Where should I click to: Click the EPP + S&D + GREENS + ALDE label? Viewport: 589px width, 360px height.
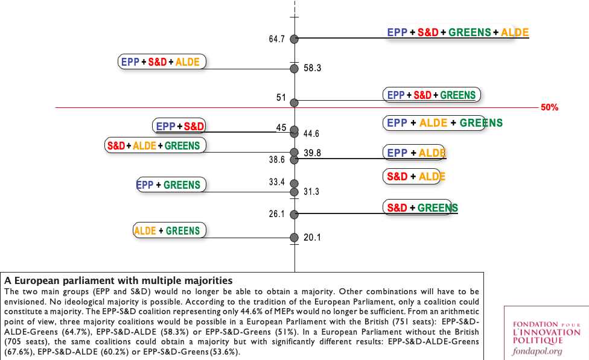(457, 32)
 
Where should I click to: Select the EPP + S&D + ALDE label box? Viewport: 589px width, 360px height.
(162, 62)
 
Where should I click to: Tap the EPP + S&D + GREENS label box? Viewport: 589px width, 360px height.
(431, 95)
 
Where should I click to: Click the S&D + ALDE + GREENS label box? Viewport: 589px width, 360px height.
(155, 145)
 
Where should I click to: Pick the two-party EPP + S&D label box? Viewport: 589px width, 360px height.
(180, 126)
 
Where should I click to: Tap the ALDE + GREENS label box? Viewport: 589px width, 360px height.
(169, 230)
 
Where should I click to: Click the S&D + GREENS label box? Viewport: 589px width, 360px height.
(418, 208)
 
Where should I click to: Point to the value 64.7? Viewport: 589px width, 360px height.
(277, 39)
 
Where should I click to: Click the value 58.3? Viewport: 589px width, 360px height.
(312, 69)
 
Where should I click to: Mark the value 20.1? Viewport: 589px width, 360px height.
(312, 238)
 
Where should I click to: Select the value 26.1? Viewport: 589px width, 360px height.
(277, 214)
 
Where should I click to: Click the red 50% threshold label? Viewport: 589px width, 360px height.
(549, 107)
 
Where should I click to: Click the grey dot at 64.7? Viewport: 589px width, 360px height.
(294, 39)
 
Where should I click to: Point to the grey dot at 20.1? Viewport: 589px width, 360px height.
(294, 238)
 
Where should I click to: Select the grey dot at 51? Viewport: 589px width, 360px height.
(294, 103)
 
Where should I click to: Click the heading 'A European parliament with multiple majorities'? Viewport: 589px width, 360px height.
(118, 280)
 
